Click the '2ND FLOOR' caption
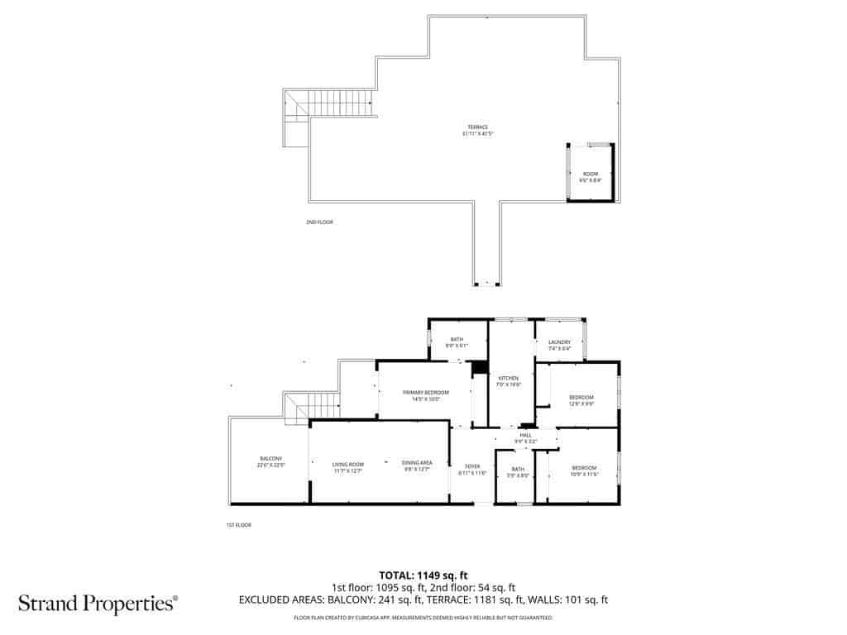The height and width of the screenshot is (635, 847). [319, 222]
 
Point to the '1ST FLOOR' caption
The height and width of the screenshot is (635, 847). [238, 525]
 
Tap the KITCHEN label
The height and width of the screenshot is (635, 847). [507, 380]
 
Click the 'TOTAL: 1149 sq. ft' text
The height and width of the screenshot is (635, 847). [423, 575]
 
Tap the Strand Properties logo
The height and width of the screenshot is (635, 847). [98, 604]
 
